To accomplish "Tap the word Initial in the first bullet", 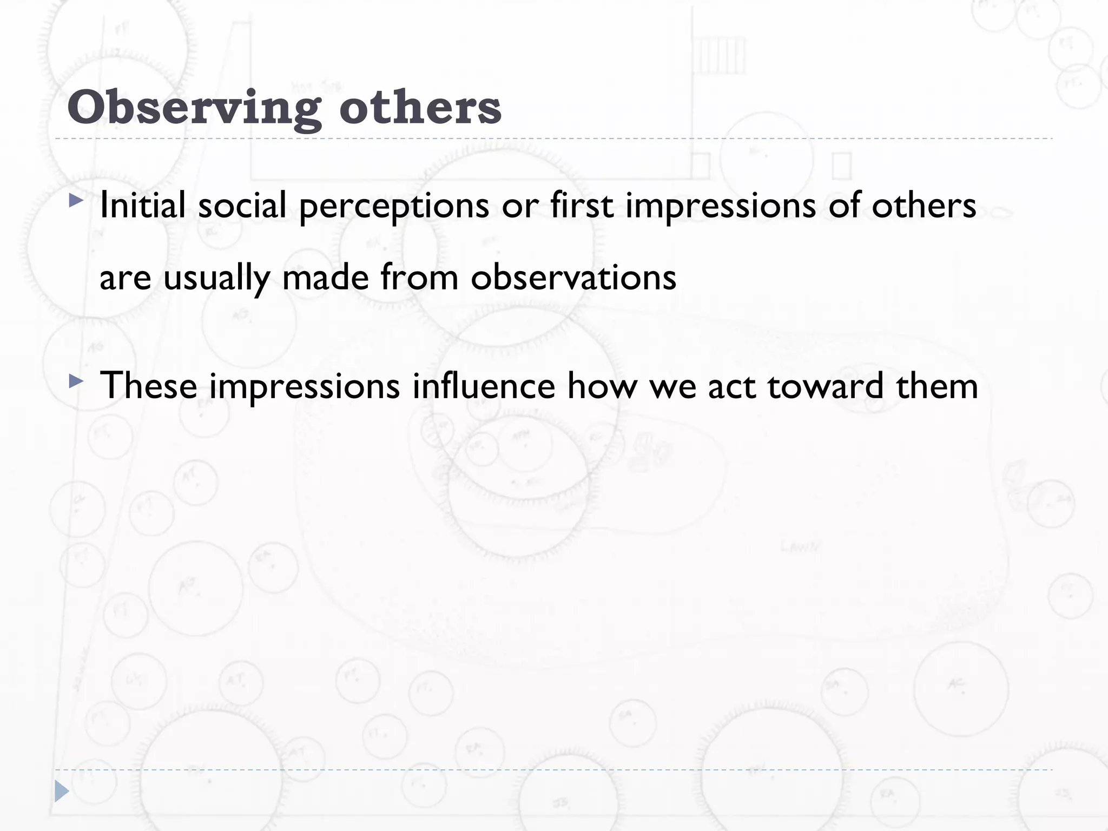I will coord(143,206).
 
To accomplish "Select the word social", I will coord(242,206).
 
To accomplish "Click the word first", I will coord(582,206).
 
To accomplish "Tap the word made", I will coord(325,278).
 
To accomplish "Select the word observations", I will coord(573,278).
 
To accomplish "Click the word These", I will coord(149,386).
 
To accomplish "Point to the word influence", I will coord(484,386).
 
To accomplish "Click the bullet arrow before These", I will coord(76,382).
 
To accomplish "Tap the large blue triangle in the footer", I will coord(62,791).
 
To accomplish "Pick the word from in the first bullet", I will coord(419,278).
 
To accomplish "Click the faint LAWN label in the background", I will coord(800,547).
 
